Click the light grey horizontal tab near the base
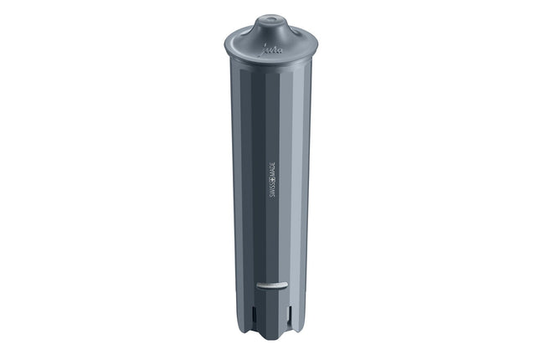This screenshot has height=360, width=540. point(271,285)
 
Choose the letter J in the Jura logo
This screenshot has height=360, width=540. point(265,49)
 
